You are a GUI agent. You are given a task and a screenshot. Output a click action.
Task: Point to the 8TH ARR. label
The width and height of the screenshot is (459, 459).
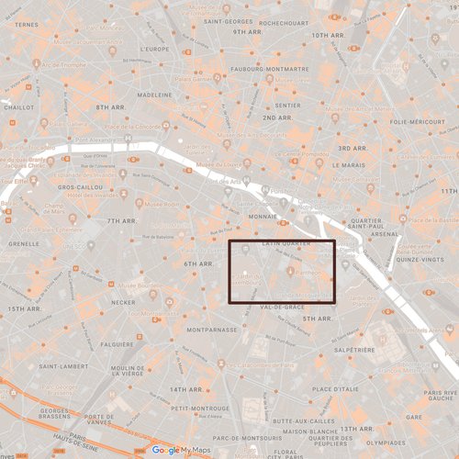coord(109,107)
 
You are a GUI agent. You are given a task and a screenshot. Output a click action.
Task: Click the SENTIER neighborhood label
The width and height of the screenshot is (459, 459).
coord(287,105)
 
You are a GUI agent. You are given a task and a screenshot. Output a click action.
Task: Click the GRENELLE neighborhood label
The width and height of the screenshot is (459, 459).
coord(23,244)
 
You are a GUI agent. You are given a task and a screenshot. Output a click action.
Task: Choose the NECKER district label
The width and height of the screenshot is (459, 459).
coord(123,301)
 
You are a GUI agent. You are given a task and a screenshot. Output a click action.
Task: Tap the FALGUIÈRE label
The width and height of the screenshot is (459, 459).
coord(117,344)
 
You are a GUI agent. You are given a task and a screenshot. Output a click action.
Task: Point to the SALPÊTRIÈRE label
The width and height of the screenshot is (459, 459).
coord(354,349)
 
